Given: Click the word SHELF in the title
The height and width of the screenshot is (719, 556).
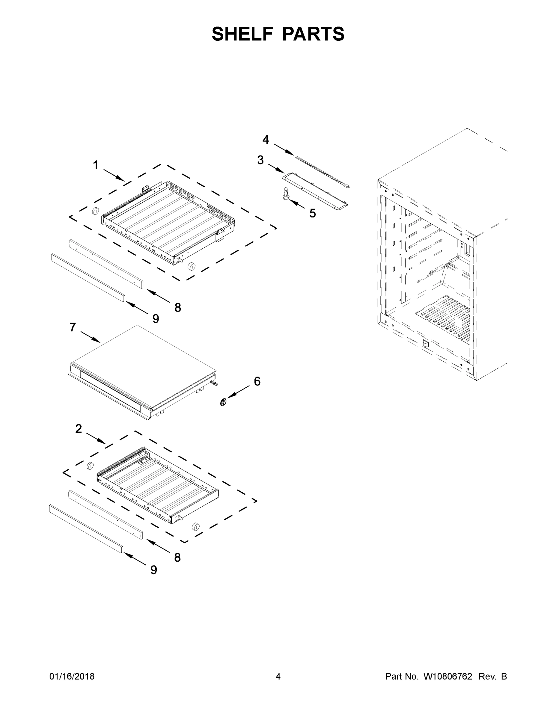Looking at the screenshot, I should [x=242, y=34].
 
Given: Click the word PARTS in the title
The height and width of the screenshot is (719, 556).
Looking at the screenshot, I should [x=313, y=34].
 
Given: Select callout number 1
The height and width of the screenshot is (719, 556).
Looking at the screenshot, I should [x=96, y=165].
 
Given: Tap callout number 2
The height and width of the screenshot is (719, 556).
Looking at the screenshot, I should [x=79, y=429].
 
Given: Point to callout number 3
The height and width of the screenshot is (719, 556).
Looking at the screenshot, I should [x=260, y=160].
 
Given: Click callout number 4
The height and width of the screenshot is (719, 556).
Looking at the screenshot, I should [x=266, y=140].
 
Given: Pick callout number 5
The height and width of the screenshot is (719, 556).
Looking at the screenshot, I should [x=312, y=213].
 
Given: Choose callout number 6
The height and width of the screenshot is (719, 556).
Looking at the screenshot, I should [x=257, y=381].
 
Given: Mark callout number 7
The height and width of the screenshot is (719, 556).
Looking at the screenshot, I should [x=73, y=327].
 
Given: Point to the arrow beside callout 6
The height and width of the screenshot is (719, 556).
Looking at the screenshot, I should [x=238, y=392].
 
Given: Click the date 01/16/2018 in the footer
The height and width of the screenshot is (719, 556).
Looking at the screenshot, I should [x=72, y=676].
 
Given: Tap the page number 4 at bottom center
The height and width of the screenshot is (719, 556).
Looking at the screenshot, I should [x=278, y=676].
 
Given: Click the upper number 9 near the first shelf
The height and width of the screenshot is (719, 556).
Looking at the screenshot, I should [x=156, y=319].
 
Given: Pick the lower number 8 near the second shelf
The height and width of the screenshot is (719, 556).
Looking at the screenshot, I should [x=177, y=557].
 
